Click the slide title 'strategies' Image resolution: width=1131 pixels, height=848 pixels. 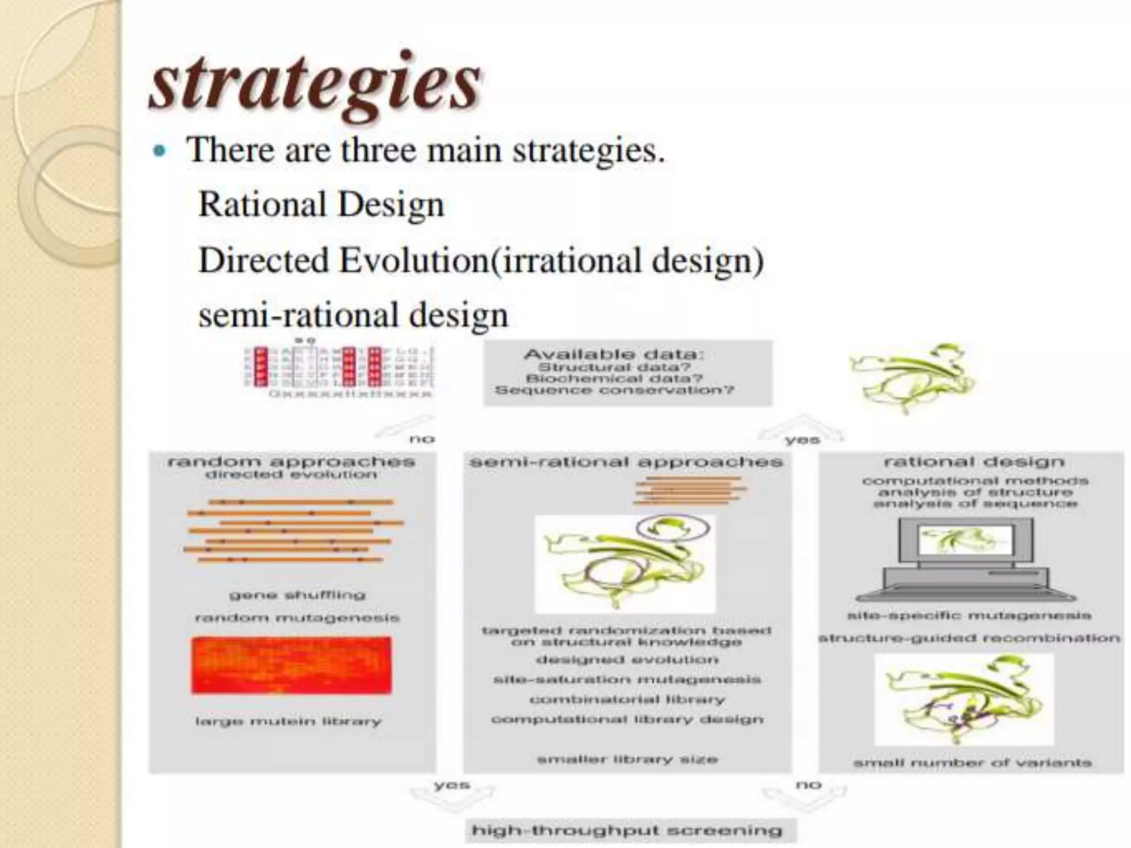[315, 86]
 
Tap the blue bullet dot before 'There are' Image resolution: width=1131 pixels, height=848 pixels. [160, 151]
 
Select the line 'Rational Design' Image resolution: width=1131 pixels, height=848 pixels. [321, 204]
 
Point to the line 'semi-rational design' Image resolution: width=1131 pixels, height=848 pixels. [353, 315]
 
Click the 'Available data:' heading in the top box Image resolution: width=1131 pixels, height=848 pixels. [614, 354]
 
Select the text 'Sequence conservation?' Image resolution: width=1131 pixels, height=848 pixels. [614, 390]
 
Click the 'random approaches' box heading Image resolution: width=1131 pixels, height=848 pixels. [291, 462]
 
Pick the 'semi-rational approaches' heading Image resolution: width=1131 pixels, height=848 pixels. [626, 462]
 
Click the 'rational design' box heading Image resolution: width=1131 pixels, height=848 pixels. [974, 462]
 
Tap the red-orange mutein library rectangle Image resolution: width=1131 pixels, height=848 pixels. [291, 665]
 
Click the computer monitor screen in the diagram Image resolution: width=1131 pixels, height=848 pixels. [965, 540]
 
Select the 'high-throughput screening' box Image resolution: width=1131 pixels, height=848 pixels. [627, 830]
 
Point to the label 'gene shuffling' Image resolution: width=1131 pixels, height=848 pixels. [297, 595]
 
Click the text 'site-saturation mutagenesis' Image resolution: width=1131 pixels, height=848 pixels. [627, 679]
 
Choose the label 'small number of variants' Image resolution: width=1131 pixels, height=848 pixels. [973, 763]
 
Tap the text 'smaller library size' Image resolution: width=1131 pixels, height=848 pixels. [627, 760]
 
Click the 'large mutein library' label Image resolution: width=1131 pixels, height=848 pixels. [288, 722]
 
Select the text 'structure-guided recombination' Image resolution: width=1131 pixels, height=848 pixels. [969, 638]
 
